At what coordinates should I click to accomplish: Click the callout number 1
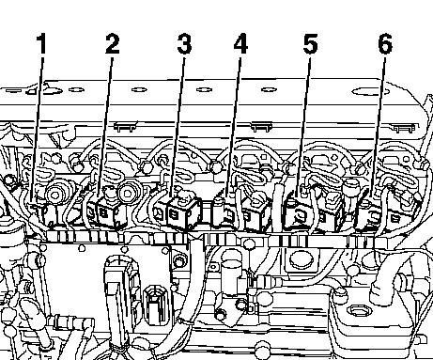tap(41, 44)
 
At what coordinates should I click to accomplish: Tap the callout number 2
tap(113, 44)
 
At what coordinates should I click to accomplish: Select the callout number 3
tap(184, 44)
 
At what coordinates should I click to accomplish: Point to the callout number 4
tap(240, 43)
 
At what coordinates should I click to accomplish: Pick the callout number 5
tap(310, 44)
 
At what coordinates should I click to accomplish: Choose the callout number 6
tap(385, 43)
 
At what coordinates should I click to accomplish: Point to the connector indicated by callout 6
tap(369, 213)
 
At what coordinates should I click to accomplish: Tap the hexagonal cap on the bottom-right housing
tap(356, 311)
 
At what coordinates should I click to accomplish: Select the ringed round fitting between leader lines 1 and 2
tap(55, 196)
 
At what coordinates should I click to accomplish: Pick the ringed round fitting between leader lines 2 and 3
tap(128, 193)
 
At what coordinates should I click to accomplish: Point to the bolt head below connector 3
tap(179, 260)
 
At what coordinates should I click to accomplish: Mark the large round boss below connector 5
tap(302, 259)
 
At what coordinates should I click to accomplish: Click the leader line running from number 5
tap(303, 125)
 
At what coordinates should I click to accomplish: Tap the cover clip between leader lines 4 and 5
tap(261, 127)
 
